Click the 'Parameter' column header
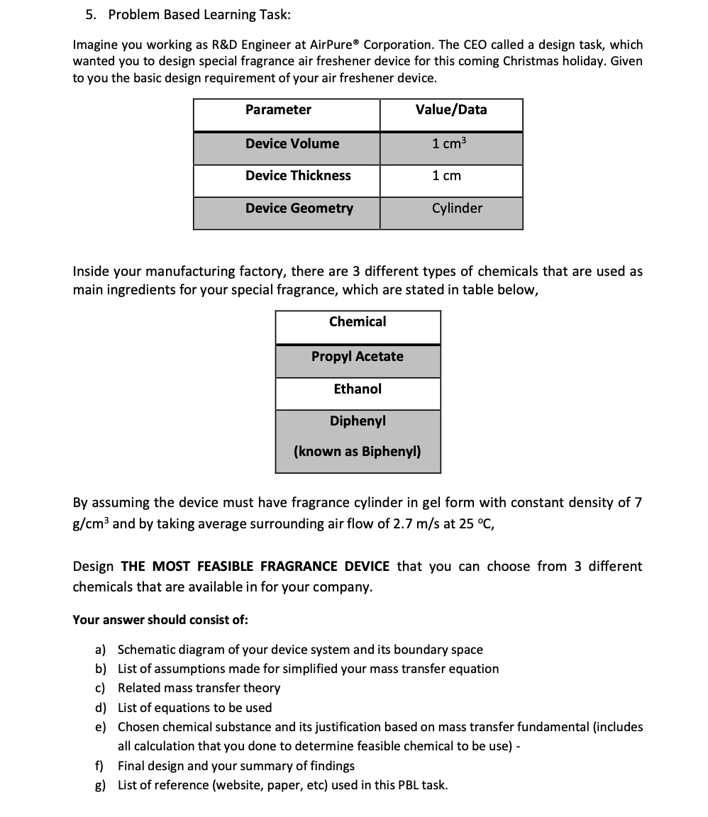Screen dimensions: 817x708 (278, 109)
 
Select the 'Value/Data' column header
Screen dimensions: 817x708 (451, 109)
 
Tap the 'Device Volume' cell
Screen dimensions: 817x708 (292, 143)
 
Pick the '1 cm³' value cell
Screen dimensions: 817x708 (450, 143)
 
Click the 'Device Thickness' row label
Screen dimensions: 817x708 (298, 175)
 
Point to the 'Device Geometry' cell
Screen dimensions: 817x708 (299, 208)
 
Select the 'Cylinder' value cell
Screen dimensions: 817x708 (457, 208)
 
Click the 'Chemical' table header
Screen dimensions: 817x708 (358, 321)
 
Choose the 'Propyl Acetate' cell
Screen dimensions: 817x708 (358, 356)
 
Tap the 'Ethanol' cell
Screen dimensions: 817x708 (358, 389)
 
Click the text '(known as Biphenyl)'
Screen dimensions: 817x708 (358, 451)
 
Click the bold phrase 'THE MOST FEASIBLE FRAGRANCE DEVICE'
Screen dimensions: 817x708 (255, 566)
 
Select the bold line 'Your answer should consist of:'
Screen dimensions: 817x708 (160, 619)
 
